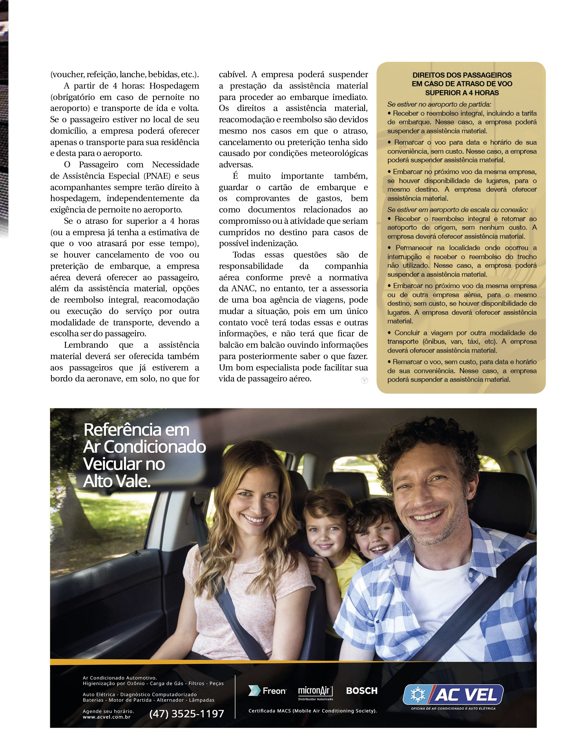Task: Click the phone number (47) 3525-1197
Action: [x=186, y=713]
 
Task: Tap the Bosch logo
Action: [x=361, y=691]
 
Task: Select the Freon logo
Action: [x=267, y=691]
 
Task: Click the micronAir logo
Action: [x=315, y=692]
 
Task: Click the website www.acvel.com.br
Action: [x=106, y=717]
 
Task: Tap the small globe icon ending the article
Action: [x=364, y=380]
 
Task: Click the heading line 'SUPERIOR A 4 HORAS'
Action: [x=462, y=93]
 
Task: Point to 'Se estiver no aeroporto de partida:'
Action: [x=439, y=104]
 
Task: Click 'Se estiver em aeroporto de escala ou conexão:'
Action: [x=457, y=210]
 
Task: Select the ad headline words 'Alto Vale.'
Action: [x=117, y=481]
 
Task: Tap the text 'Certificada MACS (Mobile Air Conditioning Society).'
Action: [x=312, y=711]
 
